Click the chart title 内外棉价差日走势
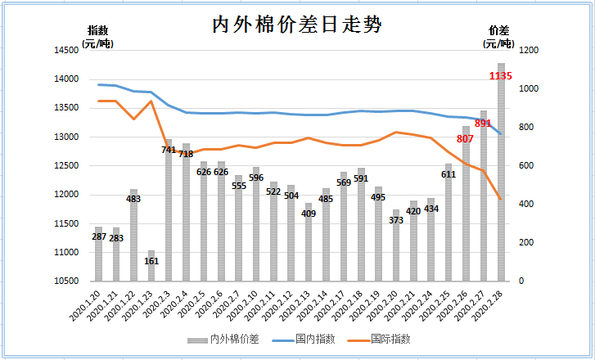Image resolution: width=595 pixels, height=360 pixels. pyautogui.click(x=297, y=25)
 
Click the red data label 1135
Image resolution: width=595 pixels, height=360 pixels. pyautogui.click(x=500, y=76)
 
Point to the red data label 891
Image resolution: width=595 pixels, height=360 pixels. pyautogui.click(x=483, y=124)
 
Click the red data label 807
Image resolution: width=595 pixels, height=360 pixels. pyautogui.click(x=465, y=139)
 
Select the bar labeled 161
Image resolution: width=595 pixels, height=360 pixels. pyautogui.click(x=151, y=266)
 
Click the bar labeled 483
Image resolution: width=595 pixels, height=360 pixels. pyautogui.click(x=133, y=235)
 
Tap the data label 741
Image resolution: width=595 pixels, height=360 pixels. pyautogui.click(x=169, y=150)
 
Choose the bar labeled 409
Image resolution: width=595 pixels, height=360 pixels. pyautogui.click(x=309, y=242)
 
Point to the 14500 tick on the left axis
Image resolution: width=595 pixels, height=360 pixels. pyautogui.click(x=66, y=51)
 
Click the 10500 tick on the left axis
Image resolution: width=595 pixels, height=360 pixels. pyautogui.click(x=66, y=281)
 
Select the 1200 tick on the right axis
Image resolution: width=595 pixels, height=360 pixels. pyautogui.click(x=529, y=51)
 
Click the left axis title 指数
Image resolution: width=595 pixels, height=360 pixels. pyautogui.click(x=97, y=31)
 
